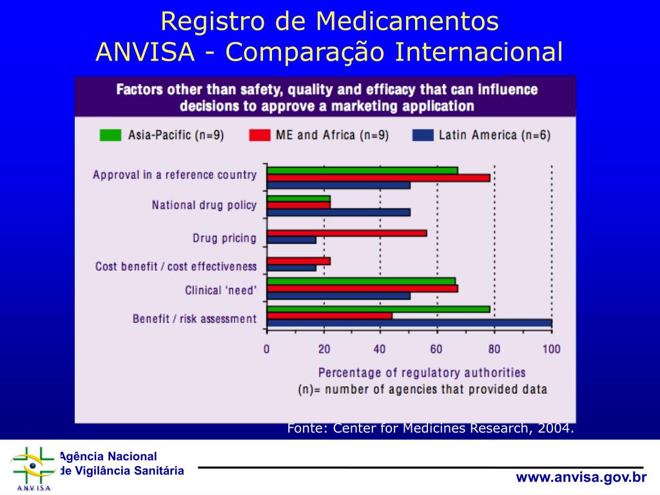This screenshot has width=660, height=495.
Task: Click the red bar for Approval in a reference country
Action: click(x=378, y=177)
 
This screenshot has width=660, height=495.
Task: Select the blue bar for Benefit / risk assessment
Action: click(x=409, y=323)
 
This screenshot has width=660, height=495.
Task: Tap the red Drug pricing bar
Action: click(x=347, y=233)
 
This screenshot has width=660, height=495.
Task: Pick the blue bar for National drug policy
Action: click(x=338, y=212)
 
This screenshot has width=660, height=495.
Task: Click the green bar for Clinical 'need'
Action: click(x=361, y=281)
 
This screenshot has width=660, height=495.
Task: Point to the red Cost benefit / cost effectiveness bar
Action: click(x=298, y=261)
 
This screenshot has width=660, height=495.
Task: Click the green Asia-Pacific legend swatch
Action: click(x=110, y=135)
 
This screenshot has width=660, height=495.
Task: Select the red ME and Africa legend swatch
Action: click(x=259, y=135)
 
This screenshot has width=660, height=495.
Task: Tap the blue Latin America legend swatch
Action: click(x=422, y=135)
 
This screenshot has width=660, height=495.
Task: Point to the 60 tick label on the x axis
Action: click(x=437, y=349)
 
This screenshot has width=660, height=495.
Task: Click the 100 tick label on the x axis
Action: click(x=551, y=349)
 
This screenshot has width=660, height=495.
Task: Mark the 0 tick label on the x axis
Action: click(x=267, y=349)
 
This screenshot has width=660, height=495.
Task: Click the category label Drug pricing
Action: click(x=224, y=238)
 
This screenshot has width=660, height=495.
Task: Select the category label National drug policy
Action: click(x=204, y=206)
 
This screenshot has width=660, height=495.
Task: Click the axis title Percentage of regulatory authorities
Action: click(x=422, y=373)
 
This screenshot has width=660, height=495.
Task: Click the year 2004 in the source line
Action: click(x=558, y=429)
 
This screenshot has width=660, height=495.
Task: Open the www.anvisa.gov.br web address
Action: click(x=581, y=477)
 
